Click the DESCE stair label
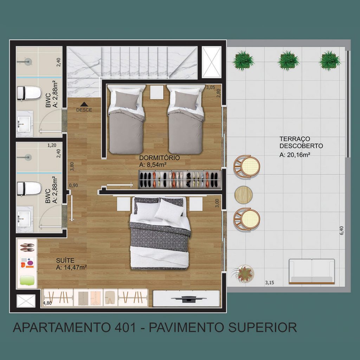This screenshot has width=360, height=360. (x=84, y=110)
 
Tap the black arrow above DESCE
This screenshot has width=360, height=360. (x=84, y=104)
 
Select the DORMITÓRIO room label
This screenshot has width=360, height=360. (x=159, y=158)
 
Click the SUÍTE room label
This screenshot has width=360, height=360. (x=65, y=261)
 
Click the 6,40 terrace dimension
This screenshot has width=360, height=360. (x=341, y=230)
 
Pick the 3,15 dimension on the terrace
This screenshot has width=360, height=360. (x=270, y=283)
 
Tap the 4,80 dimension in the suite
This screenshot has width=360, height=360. (x=47, y=303)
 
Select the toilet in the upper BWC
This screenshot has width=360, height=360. (x=29, y=93)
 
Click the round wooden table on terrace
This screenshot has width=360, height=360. (x=243, y=195)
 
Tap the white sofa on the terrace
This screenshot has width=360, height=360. (x=311, y=272)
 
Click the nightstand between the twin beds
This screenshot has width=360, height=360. (x=156, y=92)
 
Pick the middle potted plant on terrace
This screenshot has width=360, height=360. (x=288, y=60)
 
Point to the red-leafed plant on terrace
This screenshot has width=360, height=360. (x=243, y=273)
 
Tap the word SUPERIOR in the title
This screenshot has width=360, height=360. (x=262, y=327)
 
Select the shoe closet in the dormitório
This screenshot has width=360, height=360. (x=179, y=180)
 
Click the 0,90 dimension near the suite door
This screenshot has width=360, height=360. (x=73, y=186)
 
